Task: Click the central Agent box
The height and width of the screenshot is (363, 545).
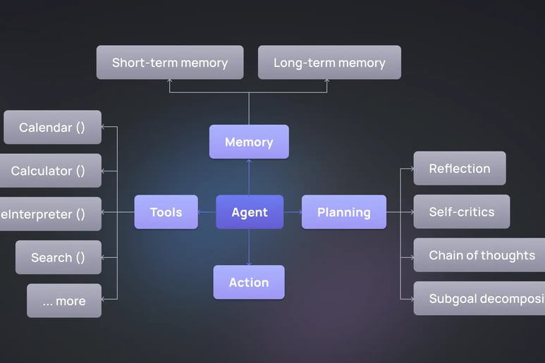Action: [x=250, y=212]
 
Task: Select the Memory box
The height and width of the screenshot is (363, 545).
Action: [x=249, y=142]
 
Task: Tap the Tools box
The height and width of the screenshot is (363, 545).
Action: [x=166, y=212]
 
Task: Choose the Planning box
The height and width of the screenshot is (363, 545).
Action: [x=344, y=212]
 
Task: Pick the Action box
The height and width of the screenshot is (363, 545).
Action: [x=249, y=282]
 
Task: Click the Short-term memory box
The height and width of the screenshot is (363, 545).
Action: [x=170, y=62]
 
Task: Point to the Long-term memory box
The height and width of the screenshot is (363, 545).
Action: [x=329, y=62]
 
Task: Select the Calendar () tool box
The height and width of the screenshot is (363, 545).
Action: [x=52, y=128]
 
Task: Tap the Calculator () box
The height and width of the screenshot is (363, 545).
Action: [x=49, y=171]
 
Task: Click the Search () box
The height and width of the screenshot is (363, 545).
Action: [x=57, y=257]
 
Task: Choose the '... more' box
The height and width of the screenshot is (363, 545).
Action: [x=64, y=301]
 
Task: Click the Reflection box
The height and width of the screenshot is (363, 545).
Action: [x=460, y=168]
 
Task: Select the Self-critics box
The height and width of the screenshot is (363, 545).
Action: [x=462, y=211]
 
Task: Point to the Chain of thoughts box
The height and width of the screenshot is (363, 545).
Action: [x=479, y=255]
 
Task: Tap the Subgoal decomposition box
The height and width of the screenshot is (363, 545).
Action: [x=479, y=298]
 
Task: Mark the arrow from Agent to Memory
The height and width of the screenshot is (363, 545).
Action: [x=249, y=176]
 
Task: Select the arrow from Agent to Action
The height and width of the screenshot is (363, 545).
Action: [x=249, y=247]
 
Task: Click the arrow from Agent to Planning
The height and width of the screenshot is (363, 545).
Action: [x=293, y=212]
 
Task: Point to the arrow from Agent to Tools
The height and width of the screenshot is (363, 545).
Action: [x=207, y=212]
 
